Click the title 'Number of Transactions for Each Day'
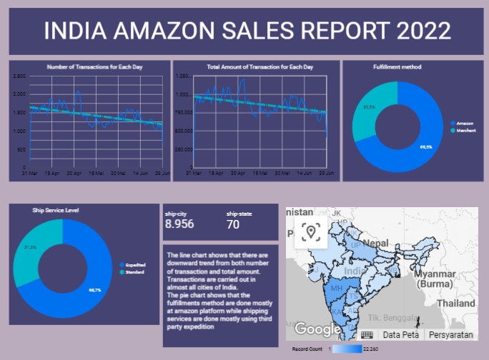coord(94,66)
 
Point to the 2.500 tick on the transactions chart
coord(19,76)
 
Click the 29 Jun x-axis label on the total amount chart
coord(325,173)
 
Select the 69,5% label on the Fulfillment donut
coord(426,147)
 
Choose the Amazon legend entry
coord(464,124)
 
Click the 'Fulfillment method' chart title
coord(397,67)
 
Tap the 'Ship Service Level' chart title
coord(56,211)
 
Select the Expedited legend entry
coord(136,265)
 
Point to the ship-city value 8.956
coord(179,224)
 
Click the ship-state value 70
coord(233,224)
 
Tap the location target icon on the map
coord(310,231)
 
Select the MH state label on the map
coord(333,288)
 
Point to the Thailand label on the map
coord(456,304)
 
